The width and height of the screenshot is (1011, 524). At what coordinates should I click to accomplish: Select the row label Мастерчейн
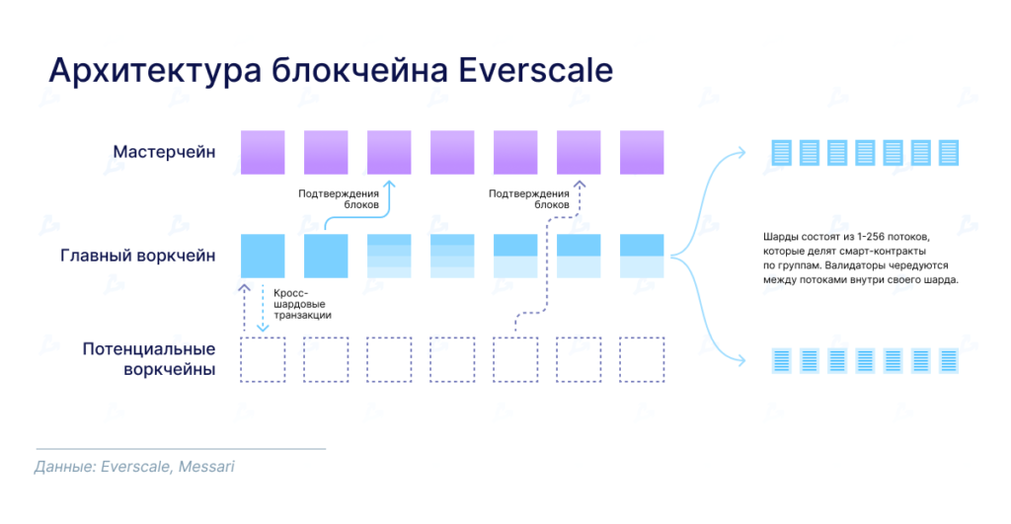click(164, 152)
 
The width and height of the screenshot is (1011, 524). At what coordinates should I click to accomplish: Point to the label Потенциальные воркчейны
click(149, 359)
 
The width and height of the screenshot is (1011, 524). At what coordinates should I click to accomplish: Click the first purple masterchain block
click(263, 152)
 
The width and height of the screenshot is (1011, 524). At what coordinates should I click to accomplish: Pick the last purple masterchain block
click(642, 152)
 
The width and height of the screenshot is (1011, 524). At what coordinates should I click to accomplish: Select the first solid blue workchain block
click(263, 256)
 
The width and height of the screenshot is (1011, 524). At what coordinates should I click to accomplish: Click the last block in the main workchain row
click(642, 256)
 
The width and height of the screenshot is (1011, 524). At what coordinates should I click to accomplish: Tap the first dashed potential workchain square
click(263, 359)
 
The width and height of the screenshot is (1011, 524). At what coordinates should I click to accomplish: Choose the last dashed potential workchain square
click(642, 359)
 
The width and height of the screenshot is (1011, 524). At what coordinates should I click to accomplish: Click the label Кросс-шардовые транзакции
click(303, 304)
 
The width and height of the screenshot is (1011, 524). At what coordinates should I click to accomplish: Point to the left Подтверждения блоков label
click(338, 198)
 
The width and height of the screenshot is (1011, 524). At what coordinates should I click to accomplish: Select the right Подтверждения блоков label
click(528, 198)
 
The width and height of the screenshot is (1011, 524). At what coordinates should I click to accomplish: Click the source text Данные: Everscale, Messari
click(134, 466)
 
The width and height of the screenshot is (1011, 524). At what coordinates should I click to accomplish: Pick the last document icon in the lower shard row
click(949, 359)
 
